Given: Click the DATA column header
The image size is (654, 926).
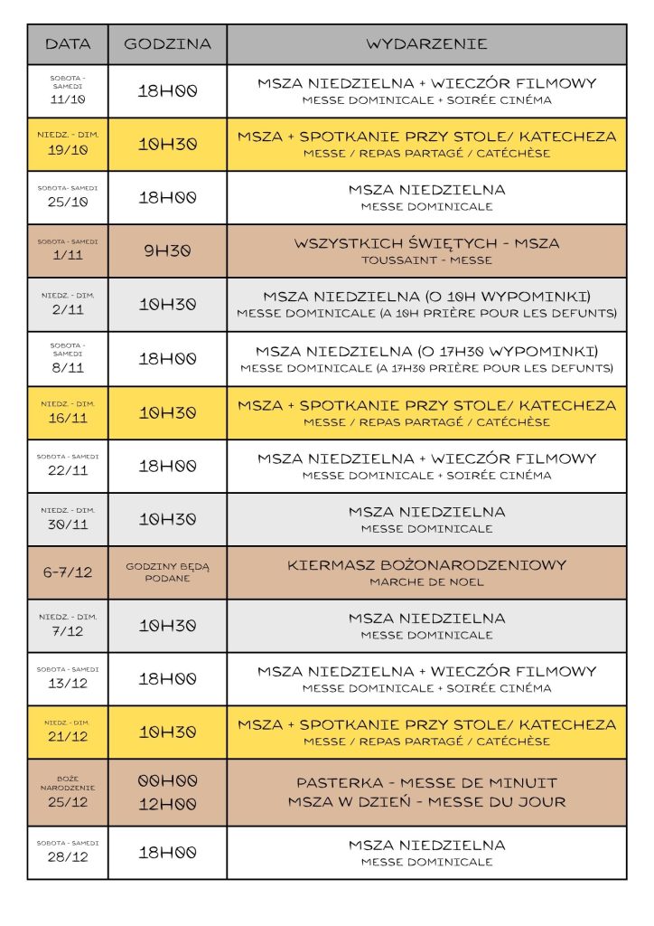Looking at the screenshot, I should click(68, 43).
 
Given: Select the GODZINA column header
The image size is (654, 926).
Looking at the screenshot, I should click(167, 43).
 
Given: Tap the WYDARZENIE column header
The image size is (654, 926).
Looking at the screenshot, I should click(426, 43).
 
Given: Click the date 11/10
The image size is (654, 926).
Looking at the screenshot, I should click(68, 99).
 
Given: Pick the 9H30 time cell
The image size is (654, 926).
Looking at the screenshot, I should click(167, 251).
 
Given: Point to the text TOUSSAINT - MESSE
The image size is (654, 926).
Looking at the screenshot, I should click(426, 260).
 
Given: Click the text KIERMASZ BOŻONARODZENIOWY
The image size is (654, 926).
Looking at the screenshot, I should click(426, 565).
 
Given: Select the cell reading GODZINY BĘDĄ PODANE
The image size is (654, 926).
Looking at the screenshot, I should click(167, 572).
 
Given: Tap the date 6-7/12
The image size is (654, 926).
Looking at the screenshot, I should click(68, 572).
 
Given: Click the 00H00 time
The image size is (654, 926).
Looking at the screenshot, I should click(167, 780).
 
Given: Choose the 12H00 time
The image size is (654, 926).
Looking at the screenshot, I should click(167, 803).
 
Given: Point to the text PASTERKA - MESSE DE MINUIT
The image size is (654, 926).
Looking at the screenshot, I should click(426, 782).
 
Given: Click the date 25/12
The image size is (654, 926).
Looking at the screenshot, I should click(68, 802).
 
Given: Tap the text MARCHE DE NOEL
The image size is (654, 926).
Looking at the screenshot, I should click(426, 581).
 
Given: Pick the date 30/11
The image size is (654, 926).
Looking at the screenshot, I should click(68, 525).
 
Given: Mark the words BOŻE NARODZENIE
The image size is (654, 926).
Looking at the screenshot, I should click(68, 783).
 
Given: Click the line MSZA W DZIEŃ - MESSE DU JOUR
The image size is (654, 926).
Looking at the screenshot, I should click(426, 802).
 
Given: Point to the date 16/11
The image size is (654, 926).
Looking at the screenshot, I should click(68, 419).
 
